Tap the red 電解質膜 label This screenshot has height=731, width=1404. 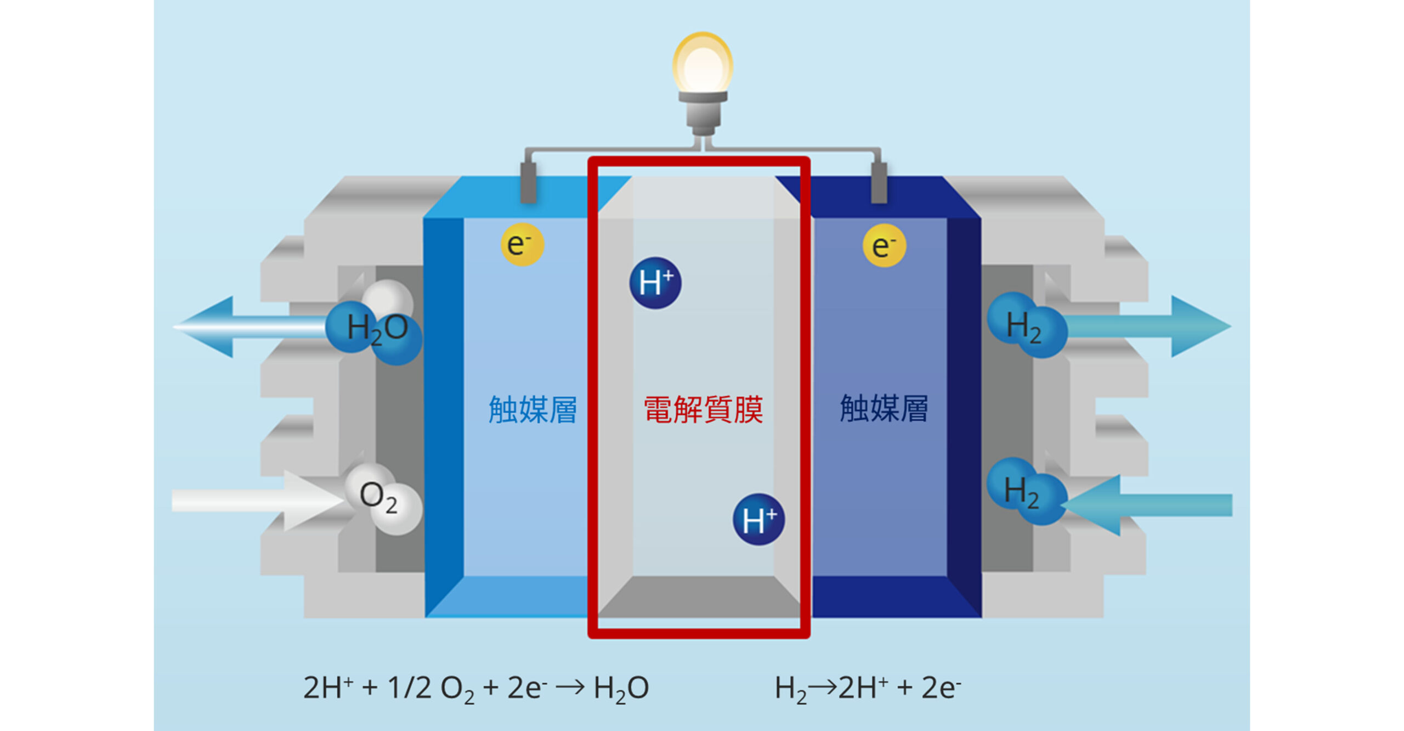[703, 409]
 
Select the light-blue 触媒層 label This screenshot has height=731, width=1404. [533, 409]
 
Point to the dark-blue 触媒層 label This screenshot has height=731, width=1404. [884, 408]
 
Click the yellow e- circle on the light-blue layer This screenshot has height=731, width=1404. [522, 245]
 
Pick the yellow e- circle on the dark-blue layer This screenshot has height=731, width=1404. [884, 245]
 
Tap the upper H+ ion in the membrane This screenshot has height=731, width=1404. [655, 283]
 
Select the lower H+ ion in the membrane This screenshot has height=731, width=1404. [758, 519]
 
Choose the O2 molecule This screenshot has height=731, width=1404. [382, 498]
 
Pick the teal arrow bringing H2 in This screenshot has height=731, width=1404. [1152, 505]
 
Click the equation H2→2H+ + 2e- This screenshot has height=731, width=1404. [868, 688]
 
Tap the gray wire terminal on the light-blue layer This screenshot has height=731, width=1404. [528, 183]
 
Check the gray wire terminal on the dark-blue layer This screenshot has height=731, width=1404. [879, 183]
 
